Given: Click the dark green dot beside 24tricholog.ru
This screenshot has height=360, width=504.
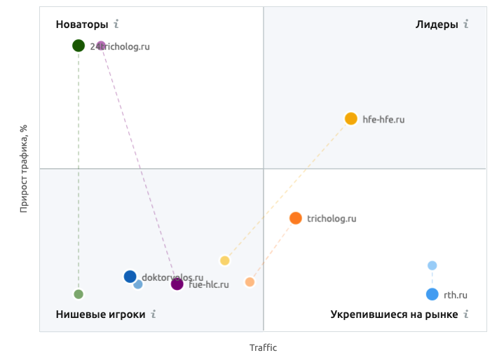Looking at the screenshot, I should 79,46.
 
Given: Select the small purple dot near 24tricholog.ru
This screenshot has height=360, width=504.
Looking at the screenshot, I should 101,46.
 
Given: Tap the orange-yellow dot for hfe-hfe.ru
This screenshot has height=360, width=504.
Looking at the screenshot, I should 351,119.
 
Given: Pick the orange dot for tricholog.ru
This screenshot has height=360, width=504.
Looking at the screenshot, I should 296,218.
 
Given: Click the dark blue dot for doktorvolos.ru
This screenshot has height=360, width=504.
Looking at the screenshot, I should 130,277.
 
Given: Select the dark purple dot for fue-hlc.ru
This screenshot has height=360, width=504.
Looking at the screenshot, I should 177,284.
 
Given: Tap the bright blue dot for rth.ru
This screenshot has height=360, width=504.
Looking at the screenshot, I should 432,294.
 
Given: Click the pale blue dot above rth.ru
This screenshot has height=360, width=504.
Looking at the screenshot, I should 433,265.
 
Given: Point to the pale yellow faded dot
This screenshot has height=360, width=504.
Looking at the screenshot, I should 225,261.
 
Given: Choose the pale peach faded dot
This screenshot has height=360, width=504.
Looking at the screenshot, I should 250,282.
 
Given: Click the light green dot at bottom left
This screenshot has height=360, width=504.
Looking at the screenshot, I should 79,294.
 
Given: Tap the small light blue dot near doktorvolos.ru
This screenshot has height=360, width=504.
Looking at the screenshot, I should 138,284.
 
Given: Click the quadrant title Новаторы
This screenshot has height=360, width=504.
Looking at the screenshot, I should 82,25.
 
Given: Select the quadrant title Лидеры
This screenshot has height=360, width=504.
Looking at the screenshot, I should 437,25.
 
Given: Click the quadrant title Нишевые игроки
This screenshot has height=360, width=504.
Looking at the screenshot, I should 100,314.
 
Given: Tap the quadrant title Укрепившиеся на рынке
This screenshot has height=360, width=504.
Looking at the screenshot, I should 394,314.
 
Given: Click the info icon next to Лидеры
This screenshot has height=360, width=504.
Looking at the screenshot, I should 465,25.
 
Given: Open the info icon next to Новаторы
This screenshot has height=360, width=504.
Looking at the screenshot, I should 116,25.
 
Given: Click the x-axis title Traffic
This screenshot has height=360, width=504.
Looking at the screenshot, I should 264,347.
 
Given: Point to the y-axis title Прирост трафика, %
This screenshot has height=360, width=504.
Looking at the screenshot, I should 24,168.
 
